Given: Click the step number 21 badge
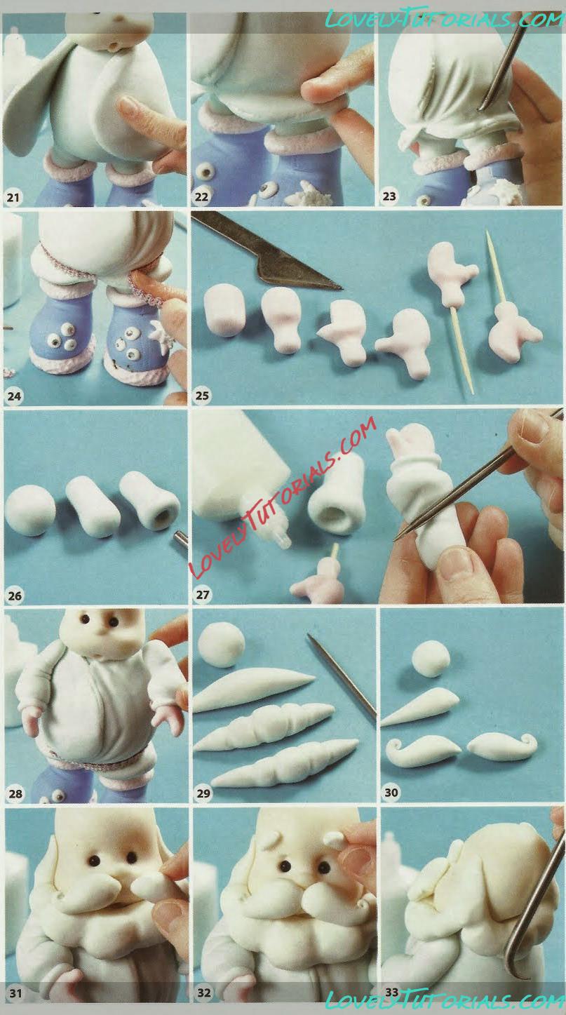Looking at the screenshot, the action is (x=13, y=197).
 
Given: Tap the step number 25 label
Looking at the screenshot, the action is (x=202, y=396).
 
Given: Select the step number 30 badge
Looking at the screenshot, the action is (x=391, y=792).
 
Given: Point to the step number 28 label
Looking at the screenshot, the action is (x=15, y=793).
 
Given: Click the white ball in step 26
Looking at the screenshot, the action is (x=30, y=510).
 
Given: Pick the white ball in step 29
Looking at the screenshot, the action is (x=222, y=644).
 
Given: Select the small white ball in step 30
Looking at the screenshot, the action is (x=431, y=660).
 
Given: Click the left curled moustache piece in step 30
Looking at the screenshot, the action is (x=422, y=750).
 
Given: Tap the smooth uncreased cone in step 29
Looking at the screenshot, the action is (x=254, y=687).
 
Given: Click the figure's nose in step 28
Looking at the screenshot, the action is (x=102, y=634).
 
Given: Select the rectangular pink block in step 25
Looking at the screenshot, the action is (x=224, y=311).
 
